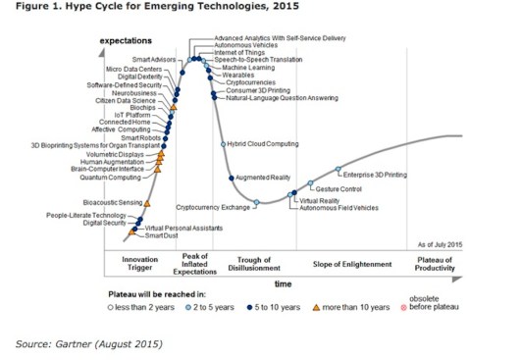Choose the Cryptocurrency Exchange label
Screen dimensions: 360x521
click(x=213, y=208)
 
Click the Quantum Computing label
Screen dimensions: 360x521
click(x=110, y=178)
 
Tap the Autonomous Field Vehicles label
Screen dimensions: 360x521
click(x=339, y=208)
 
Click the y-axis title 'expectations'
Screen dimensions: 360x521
click(x=129, y=40)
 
